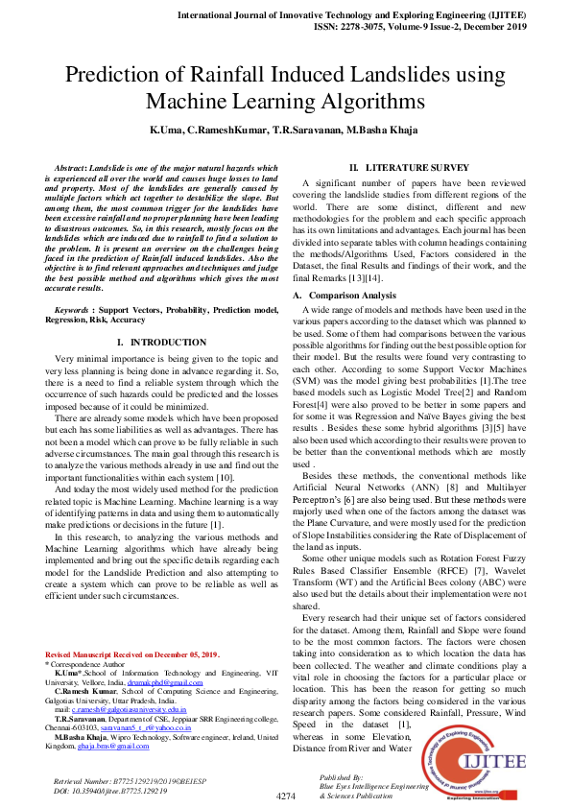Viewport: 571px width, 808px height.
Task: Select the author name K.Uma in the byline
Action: (x=168, y=130)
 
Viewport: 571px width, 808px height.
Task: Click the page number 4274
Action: (x=285, y=796)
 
